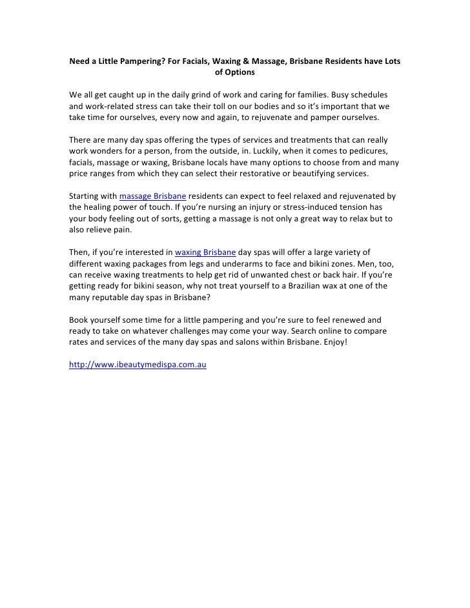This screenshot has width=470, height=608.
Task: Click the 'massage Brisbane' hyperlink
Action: [x=154, y=196]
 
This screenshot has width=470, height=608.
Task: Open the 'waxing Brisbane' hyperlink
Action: [x=205, y=252]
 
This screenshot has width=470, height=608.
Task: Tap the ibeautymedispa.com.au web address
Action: [x=138, y=365]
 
